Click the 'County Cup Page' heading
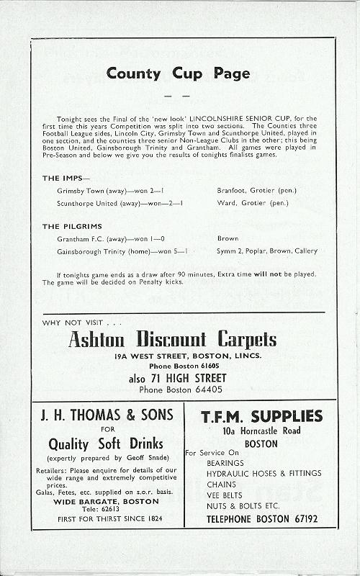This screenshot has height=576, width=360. pyautogui.click(x=178, y=73)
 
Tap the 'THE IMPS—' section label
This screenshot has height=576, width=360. pyautogui.click(x=66, y=178)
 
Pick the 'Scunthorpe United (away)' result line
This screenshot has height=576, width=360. pyautogui.click(x=120, y=203)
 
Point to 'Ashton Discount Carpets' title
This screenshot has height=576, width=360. pyautogui.click(x=172, y=341)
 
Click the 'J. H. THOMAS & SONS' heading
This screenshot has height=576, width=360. pyautogui.click(x=106, y=415)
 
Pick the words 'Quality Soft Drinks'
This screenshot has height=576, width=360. pyautogui.click(x=106, y=444)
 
